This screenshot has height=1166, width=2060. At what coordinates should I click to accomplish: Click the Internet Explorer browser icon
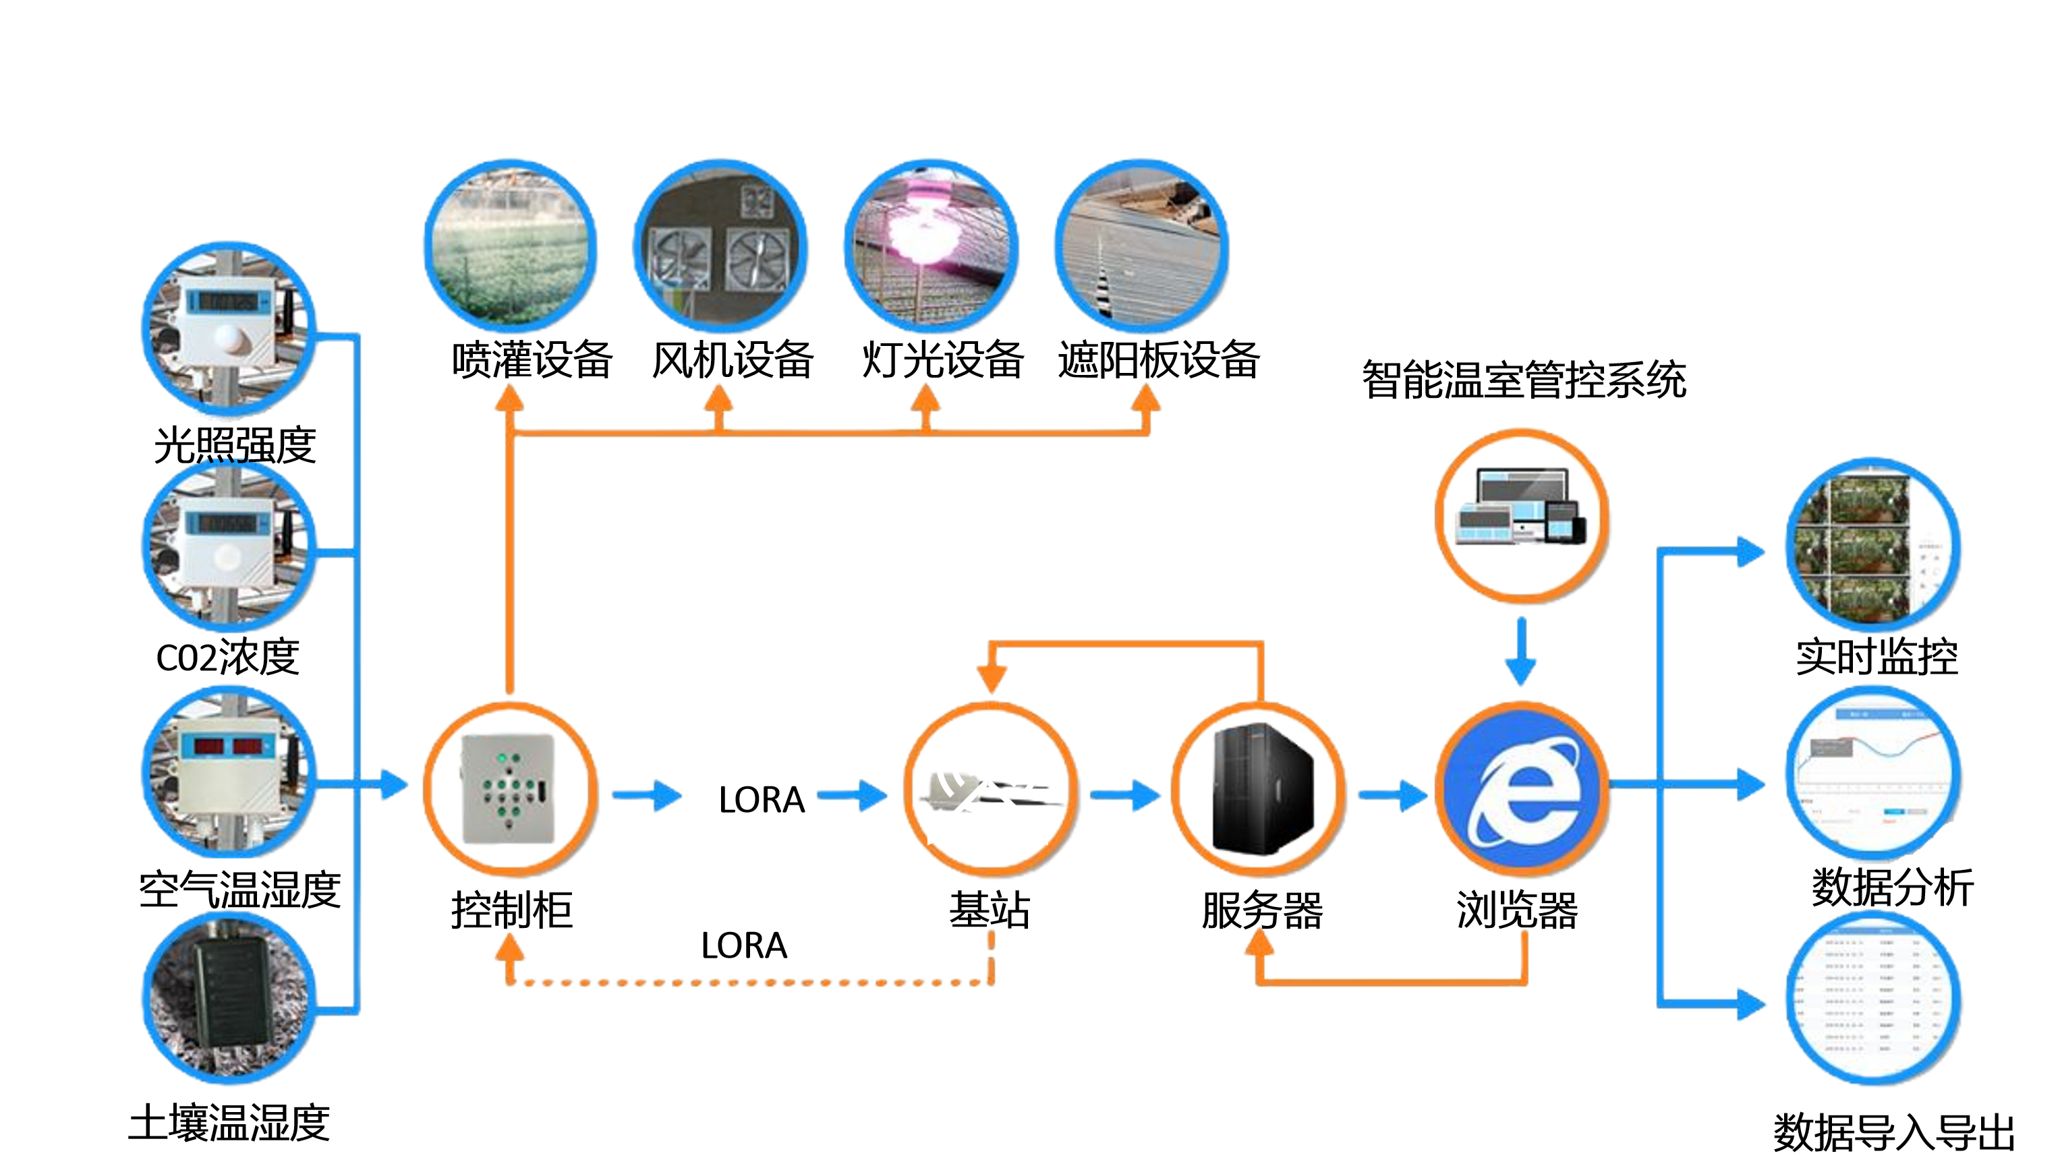1522,789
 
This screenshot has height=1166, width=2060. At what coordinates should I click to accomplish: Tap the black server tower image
1260,789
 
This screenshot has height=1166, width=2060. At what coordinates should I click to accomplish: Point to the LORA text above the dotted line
743,945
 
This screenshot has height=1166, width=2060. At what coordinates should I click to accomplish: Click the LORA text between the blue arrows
761,799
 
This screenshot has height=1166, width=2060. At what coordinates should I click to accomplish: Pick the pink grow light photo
931,247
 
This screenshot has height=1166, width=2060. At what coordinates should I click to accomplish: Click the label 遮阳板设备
1158,359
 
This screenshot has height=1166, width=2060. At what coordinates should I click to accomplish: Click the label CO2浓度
227,658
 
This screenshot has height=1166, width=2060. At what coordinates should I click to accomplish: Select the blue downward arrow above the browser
1520,650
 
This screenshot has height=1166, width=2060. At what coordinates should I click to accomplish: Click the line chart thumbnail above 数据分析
1872,773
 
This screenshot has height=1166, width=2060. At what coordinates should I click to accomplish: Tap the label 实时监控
1876,658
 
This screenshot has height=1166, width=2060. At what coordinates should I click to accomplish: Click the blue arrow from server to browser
1394,794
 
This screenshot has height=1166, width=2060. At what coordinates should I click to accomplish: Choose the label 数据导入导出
1893,1132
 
